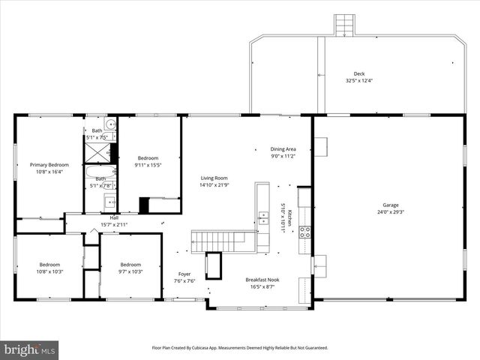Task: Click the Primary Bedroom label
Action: click(x=49, y=164)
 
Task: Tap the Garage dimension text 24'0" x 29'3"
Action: click(x=390, y=212)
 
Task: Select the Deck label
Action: click(x=359, y=73)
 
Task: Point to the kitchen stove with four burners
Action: click(x=305, y=232)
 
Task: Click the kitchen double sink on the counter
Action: click(x=263, y=218)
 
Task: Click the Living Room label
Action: click(x=214, y=177)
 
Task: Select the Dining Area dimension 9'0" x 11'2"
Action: click(x=283, y=157)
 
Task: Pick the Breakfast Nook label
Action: click(x=260, y=279)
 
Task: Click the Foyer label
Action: click(x=184, y=274)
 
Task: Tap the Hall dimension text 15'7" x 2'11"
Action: click(x=114, y=224)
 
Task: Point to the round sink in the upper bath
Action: click(x=109, y=124)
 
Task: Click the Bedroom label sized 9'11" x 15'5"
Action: click(x=147, y=157)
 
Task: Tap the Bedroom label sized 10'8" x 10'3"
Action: click(x=49, y=264)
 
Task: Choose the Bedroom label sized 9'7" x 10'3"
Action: click(x=130, y=264)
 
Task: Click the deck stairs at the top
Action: click(x=343, y=25)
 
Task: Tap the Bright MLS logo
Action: click(x=29, y=349)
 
